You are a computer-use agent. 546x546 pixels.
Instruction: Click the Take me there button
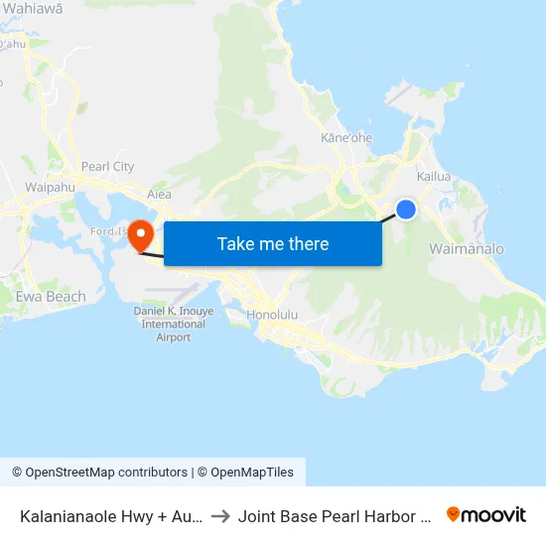[x=273, y=243]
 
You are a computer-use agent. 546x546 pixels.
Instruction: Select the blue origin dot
[x=406, y=208]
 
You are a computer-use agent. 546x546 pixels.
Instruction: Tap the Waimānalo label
[x=467, y=249]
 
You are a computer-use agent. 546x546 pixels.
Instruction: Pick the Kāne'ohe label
[x=346, y=138]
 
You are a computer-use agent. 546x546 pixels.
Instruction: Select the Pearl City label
[x=107, y=167]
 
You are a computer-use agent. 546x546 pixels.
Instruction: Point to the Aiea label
[x=159, y=194]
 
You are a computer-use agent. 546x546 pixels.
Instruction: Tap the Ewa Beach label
[x=51, y=296]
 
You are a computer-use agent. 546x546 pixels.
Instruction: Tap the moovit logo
[x=486, y=514]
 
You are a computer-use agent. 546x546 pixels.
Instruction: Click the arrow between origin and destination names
[x=221, y=515]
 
